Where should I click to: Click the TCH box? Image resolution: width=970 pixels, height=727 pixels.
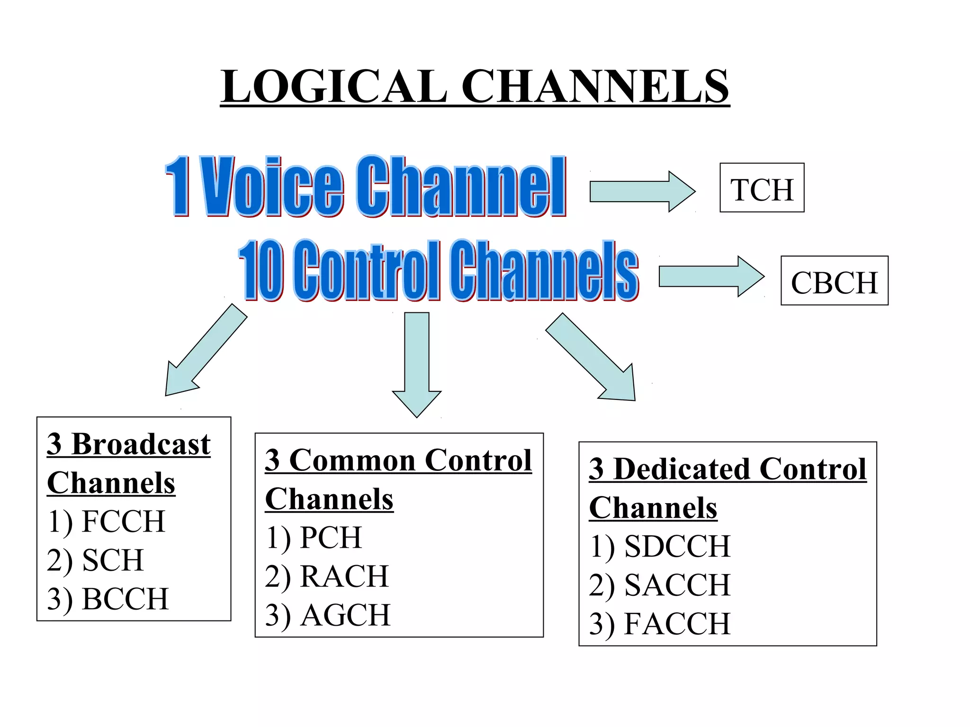tap(762, 188)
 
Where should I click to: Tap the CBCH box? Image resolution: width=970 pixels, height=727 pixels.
tap(834, 281)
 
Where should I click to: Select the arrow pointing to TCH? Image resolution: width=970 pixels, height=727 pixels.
tap(642, 192)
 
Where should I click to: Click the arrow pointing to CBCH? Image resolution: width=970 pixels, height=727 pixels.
tap(710, 276)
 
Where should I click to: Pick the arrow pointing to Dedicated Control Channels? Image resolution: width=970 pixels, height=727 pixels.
tap(592, 358)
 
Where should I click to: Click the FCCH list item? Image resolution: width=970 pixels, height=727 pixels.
tap(123, 522)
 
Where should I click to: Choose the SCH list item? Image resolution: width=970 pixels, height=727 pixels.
tap(113, 560)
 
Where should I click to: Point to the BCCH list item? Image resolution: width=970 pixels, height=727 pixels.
tap(125, 599)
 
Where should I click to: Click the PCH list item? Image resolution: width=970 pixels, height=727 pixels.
tap(331, 538)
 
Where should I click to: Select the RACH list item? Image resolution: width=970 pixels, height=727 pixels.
tap(344, 576)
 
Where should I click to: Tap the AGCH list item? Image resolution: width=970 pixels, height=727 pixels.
tap(345, 615)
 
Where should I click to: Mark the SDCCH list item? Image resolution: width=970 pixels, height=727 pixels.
tap(677, 547)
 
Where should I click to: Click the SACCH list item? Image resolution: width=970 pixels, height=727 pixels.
tap(677, 585)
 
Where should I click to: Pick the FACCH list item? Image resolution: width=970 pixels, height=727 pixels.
tap(677, 624)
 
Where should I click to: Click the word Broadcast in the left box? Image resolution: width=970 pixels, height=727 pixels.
tap(141, 444)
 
